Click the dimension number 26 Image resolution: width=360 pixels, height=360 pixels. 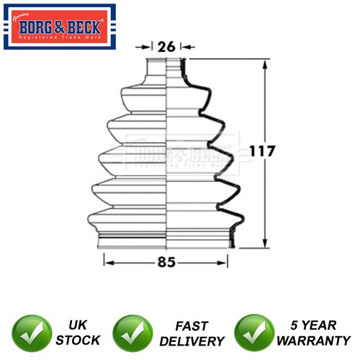tap(167, 46)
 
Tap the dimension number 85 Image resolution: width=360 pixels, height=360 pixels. tap(167, 262)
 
